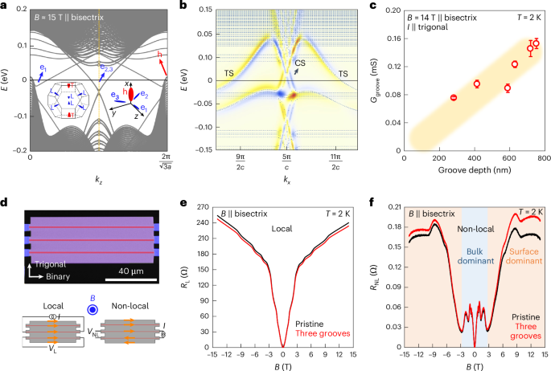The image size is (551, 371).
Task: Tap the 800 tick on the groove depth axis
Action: [x=544, y=160]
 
